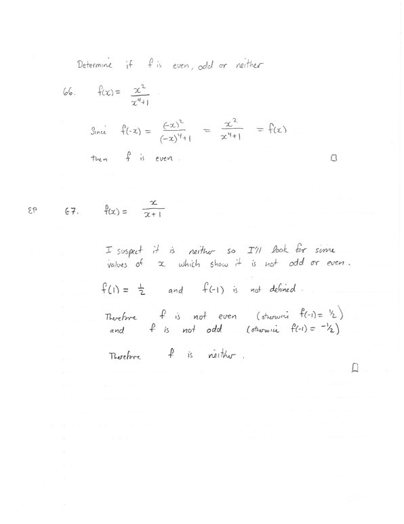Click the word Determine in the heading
click(96, 65)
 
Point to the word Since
click(99, 131)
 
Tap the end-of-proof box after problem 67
click(355, 367)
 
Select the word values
click(122, 264)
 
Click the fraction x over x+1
click(154, 208)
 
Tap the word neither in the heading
click(249, 65)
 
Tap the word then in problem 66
click(99, 159)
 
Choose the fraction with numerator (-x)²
click(173, 132)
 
